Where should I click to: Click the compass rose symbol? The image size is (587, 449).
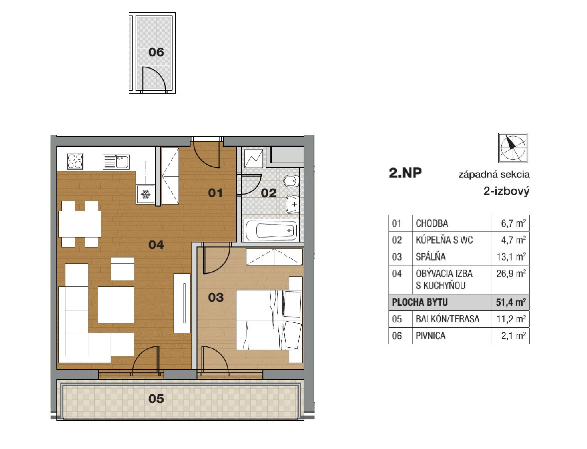click(x=513, y=148)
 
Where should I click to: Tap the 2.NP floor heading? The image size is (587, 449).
click(x=405, y=173)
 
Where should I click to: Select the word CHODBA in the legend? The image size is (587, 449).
click(x=432, y=224)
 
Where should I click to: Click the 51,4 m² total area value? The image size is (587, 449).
click(x=511, y=302)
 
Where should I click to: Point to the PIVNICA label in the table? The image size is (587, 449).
click(x=431, y=336)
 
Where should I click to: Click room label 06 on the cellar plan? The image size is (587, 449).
click(x=156, y=52)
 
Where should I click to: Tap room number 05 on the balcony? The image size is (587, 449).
click(x=156, y=399)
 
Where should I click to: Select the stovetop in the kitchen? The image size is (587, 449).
click(x=75, y=162)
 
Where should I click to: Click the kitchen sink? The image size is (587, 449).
click(x=116, y=162)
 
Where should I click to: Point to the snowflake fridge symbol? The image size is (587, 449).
click(x=145, y=195)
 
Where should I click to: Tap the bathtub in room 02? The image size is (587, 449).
click(x=271, y=230)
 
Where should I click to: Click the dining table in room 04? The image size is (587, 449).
click(x=80, y=224)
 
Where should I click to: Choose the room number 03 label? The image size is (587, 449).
click(x=216, y=297)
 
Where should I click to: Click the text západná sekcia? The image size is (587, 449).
click(x=494, y=175)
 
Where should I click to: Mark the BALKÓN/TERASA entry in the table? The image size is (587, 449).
click(x=448, y=319)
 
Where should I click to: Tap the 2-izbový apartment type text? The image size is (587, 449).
click(x=507, y=192)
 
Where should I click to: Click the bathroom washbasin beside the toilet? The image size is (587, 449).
click(x=293, y=205)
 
